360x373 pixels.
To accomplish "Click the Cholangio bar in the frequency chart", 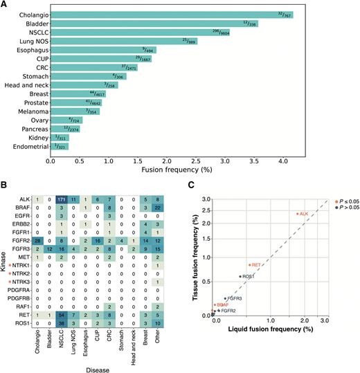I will click(166, 13).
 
